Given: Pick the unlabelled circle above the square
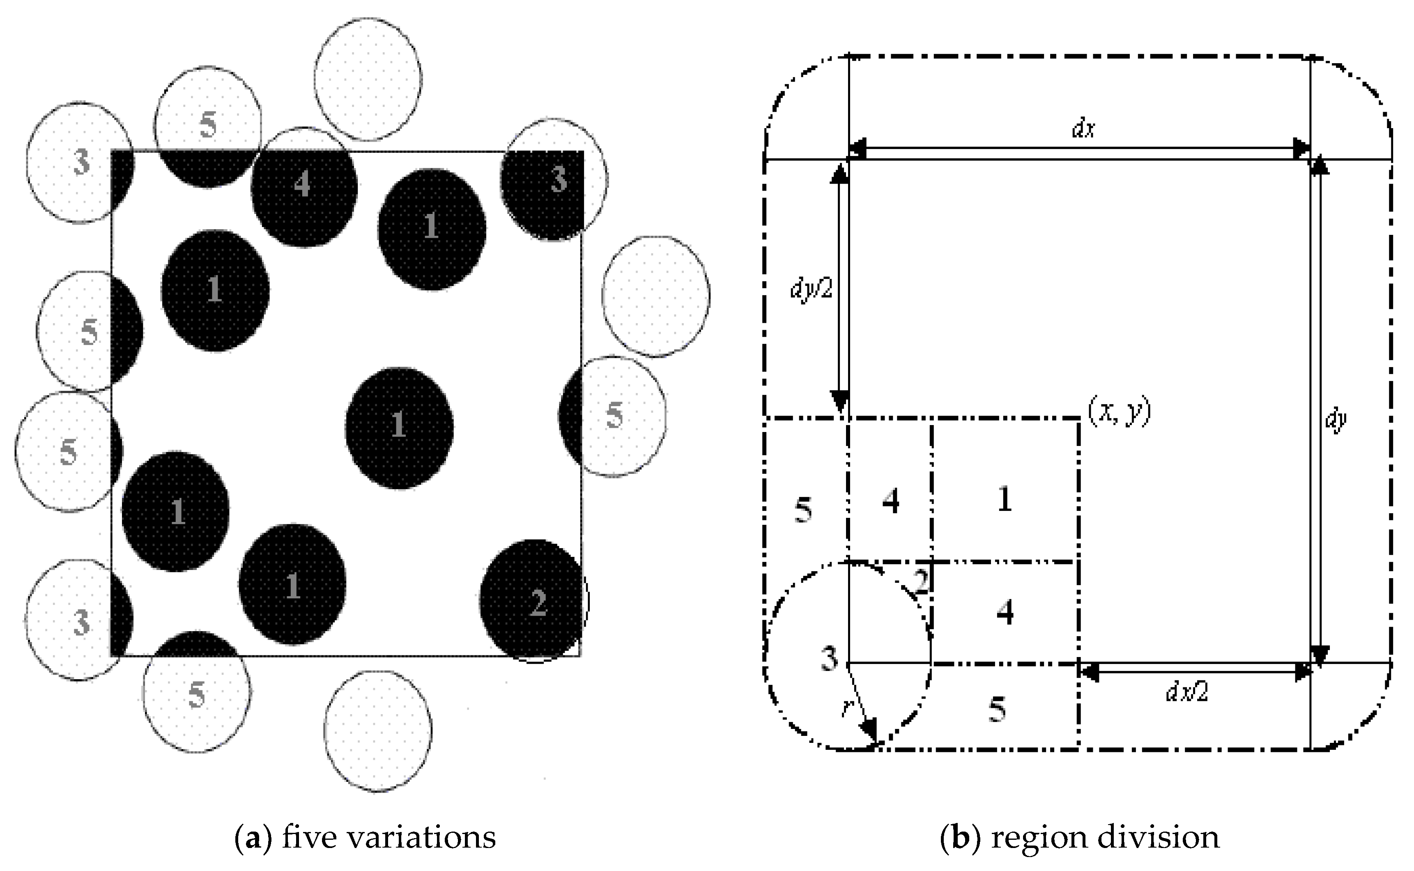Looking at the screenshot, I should tap(368, 78).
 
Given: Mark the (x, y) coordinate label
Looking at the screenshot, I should tap(1119, 412).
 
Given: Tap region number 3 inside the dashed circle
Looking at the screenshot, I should tap(829, 658).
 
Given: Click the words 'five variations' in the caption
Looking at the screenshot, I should tap(389, 837).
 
